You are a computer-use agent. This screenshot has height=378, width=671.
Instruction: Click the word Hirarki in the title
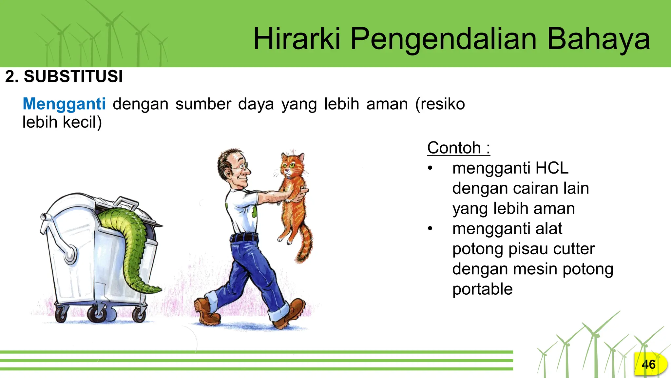point(297,39)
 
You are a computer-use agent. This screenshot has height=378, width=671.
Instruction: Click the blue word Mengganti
point(64,104)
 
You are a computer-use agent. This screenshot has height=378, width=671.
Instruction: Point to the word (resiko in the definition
point(440,104)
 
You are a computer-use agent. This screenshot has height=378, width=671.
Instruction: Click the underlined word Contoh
point(454,148)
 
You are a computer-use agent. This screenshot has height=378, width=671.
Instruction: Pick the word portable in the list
point(482,289)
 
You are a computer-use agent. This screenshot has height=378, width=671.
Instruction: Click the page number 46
point(648,364)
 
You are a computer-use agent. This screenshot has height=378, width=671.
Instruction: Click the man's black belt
point(244,237)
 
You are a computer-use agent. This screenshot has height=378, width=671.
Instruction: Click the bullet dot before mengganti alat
point(430,229)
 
